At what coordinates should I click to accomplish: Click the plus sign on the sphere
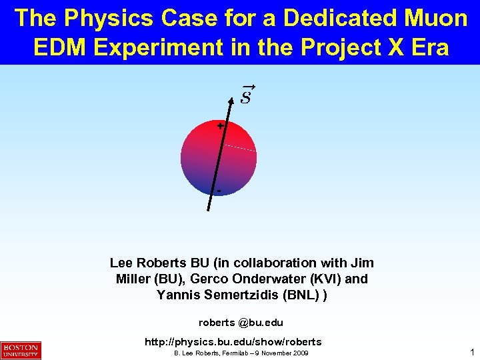[x=220, y=125]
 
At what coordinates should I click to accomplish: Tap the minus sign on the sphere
[x=219, y=192]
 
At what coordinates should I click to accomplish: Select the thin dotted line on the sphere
[x=239, y=148]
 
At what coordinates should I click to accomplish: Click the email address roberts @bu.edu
[x=241, y=323]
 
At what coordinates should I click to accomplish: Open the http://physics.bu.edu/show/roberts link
[x=233, y=341]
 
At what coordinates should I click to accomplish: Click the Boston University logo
[x=21, y=350]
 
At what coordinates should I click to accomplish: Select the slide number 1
[x=471, y=351]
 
